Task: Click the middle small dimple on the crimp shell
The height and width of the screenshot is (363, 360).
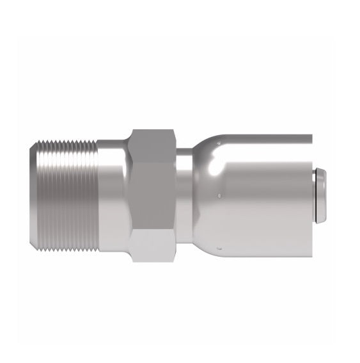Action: point(219,193)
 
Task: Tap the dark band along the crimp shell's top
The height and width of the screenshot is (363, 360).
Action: point(269,138)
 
